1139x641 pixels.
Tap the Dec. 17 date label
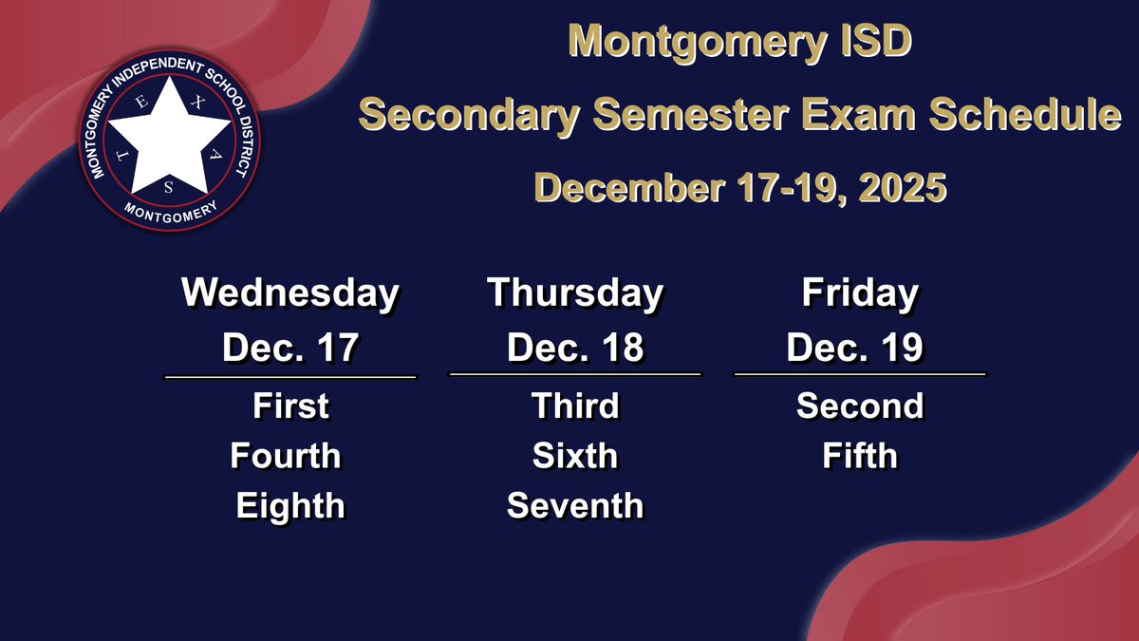[x=289, y=348]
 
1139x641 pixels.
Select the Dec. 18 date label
[x=574, y=348]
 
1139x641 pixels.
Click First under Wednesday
[x=290, y=406]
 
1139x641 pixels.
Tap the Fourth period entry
[x=285, y=456]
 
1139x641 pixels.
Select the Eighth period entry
[x=289, y=505]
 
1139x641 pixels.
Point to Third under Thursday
[x=575, y=406]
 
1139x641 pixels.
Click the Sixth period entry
[x=575, y=456]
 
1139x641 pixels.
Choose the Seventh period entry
[x=575, y=505]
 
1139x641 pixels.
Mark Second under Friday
[x=859, y=406]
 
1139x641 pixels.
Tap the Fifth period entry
[x=859, y=456]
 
